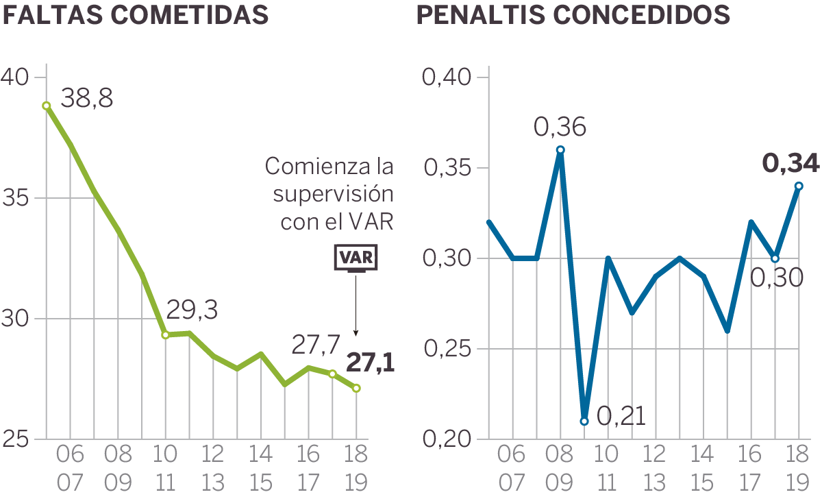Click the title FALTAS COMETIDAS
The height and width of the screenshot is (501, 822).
[x=135, y=15]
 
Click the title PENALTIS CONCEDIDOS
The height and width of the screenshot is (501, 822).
[x=573, y=15]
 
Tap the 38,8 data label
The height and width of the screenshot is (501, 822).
[x=87, y=99]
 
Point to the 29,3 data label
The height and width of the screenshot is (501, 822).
[x=192, y=310]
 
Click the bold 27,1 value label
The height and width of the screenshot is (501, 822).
[x=371, y=362]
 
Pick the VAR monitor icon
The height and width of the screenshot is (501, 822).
[x=356, y=258]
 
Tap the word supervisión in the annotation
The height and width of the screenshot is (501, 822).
[x=334, y=194]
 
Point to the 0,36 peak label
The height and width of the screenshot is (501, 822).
[x=560, y=127]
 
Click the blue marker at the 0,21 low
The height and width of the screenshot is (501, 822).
[x=584, y=421]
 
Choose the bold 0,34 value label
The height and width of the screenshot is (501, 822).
[x=790, y=164]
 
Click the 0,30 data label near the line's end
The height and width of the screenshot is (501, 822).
[x=776, y=278]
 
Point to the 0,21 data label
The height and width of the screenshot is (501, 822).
[x=621, y=416]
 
